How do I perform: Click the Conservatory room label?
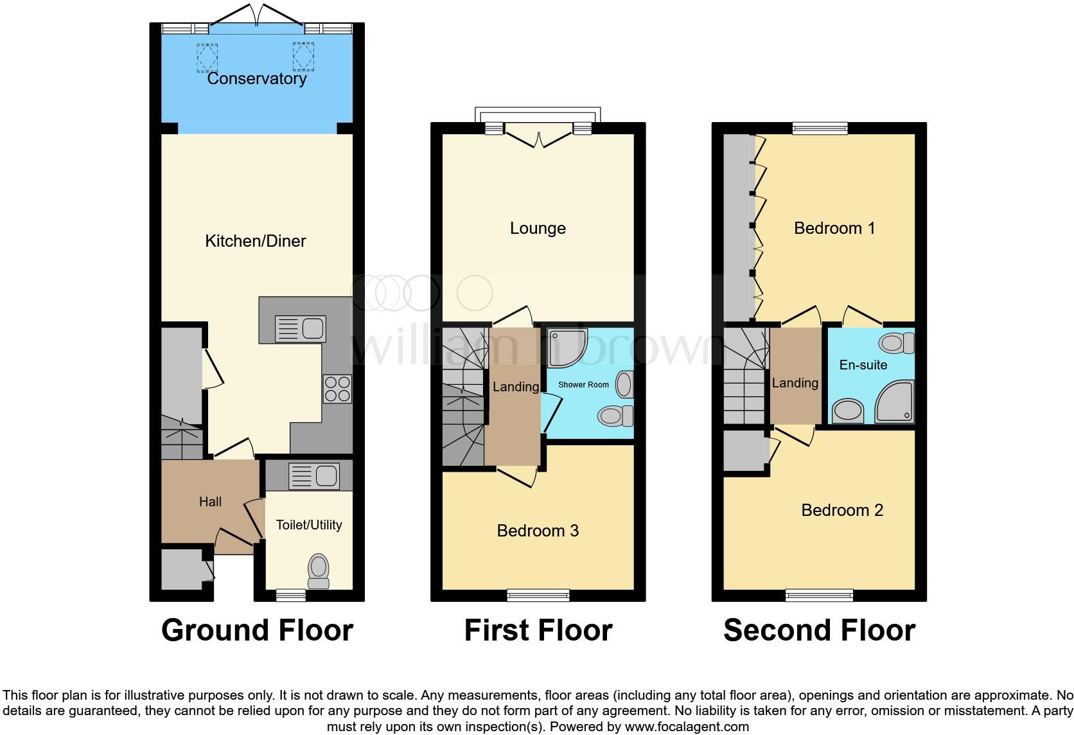[x=256, y=78]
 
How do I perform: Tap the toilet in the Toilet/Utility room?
[x=319, y=571]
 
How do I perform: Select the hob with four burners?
[x=337, y=389]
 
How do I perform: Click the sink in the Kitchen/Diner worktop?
[x=301, y=329]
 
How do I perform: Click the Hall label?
[x=210, y=502]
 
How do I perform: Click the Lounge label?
[x=538, y=228]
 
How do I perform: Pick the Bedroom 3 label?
[x=538, y=531]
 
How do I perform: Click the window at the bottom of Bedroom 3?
[x=538, y=596]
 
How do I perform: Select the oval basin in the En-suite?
[x=849, y=411]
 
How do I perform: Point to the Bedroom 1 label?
[x=834, y=228]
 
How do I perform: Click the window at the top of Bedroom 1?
[x=820, y=128]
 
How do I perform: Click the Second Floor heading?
[x=819, y=630]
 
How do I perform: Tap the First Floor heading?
[x=538, y=630]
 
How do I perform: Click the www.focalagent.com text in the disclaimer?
[x=687, y=727]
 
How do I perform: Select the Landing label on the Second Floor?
[x=795, y=383]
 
